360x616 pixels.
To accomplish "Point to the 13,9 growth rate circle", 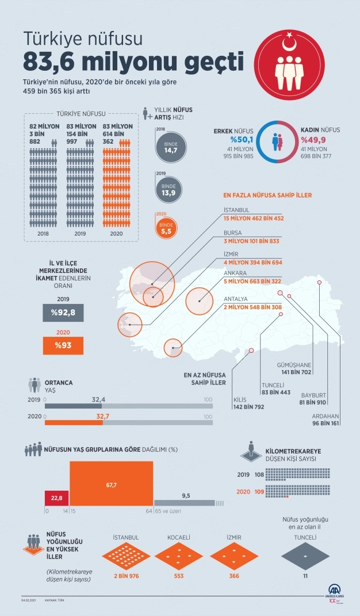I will click(x=169, y=187).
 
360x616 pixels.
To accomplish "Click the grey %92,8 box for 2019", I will click(x=63, y=313).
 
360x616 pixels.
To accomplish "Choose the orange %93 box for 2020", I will click(x=63, y=345).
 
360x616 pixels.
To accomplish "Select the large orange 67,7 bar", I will click(x=112, y=485).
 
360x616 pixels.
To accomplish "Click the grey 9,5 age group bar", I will click(x=185, y=502).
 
